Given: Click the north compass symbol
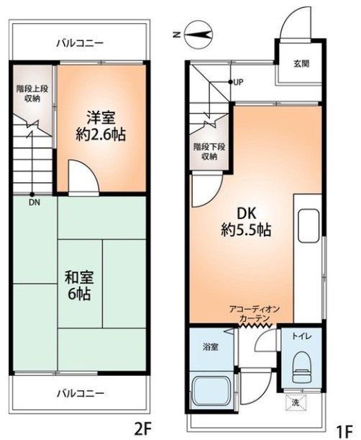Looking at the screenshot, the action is pyautogui.click(x=198, y=35).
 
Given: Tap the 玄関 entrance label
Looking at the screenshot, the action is pyautogui.click(x=301, y=63).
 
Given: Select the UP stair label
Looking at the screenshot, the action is pyautogui.click(x=238, y=82).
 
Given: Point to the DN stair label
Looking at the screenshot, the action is pyautogui.click(x=35, y=202).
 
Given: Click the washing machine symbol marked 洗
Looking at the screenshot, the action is pyautogui.click(x=296, y=403).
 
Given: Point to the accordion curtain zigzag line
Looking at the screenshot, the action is pyautogui.click(x=255, y=325).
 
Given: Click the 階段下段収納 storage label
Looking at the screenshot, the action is pyautogui.click(x=209, y=151).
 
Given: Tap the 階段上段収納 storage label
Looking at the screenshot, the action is pyautogui.click(x=32, y=94).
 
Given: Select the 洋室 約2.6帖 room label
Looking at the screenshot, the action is pyautogui.click(x=101, y=125).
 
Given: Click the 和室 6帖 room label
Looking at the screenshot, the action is pyautogui.click(x=79, y=285).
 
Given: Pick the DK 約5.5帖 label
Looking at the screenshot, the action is pyautogui.click(x=246, y=223).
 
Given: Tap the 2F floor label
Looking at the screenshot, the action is pyautogui.click(x=143, y=428).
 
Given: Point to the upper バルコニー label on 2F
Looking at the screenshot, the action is pyautogui.click(x=80, y=43).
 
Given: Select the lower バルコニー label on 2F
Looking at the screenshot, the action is pyautogui.click(x=81, y=393).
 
